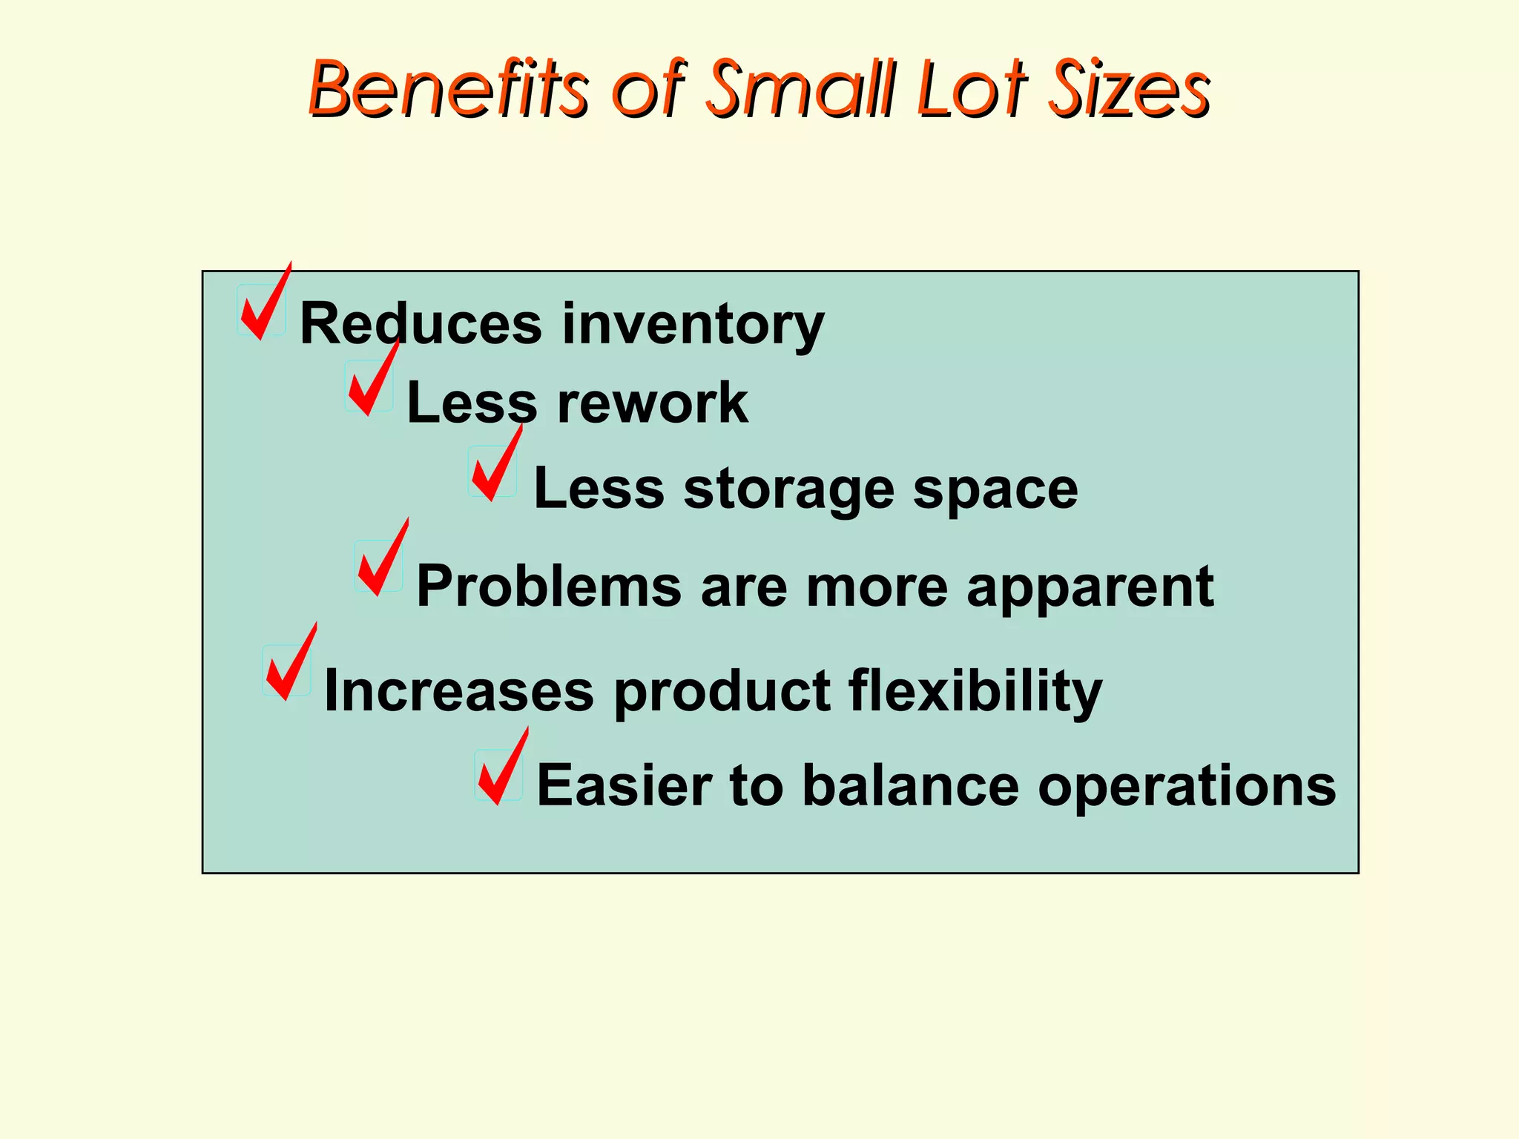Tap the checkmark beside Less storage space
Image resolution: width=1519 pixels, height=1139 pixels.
coord(495,467)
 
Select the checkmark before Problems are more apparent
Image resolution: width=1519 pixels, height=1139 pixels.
coord(381,561)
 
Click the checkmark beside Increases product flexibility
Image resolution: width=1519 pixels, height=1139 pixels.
coord(289,665)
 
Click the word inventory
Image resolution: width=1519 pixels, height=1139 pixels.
coord(693,325)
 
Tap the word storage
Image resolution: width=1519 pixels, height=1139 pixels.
coord(788,489)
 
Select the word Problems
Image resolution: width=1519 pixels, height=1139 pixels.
coord(549,586)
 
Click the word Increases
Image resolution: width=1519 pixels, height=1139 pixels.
coord(459,691)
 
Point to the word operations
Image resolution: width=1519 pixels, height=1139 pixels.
coord(1187,787)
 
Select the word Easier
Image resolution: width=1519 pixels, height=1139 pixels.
coord(624,785)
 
